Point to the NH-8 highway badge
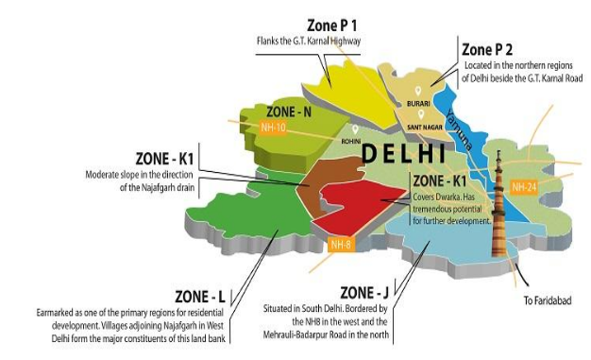tap(342, 245)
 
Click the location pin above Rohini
tap(355, 129)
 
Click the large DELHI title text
tap(404, 153)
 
